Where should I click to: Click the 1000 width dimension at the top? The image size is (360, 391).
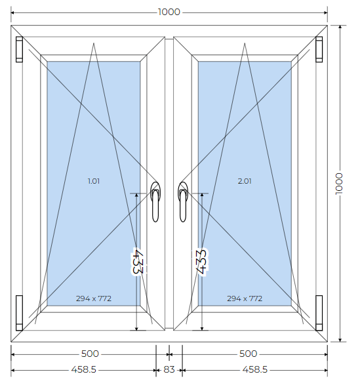[169, 12]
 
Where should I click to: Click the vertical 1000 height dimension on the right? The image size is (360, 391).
[339, 184]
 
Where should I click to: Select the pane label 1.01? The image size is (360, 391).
[94, 181]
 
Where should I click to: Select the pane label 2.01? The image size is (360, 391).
[245, 181]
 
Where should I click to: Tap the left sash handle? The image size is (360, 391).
[155, 202]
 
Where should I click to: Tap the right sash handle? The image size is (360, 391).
[183, 202]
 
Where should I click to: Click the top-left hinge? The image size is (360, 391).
[19, 49]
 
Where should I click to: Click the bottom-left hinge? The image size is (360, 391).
[19, 313]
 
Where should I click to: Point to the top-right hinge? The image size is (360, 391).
[319, 49]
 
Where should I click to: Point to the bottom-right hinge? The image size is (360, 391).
[319, 313]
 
